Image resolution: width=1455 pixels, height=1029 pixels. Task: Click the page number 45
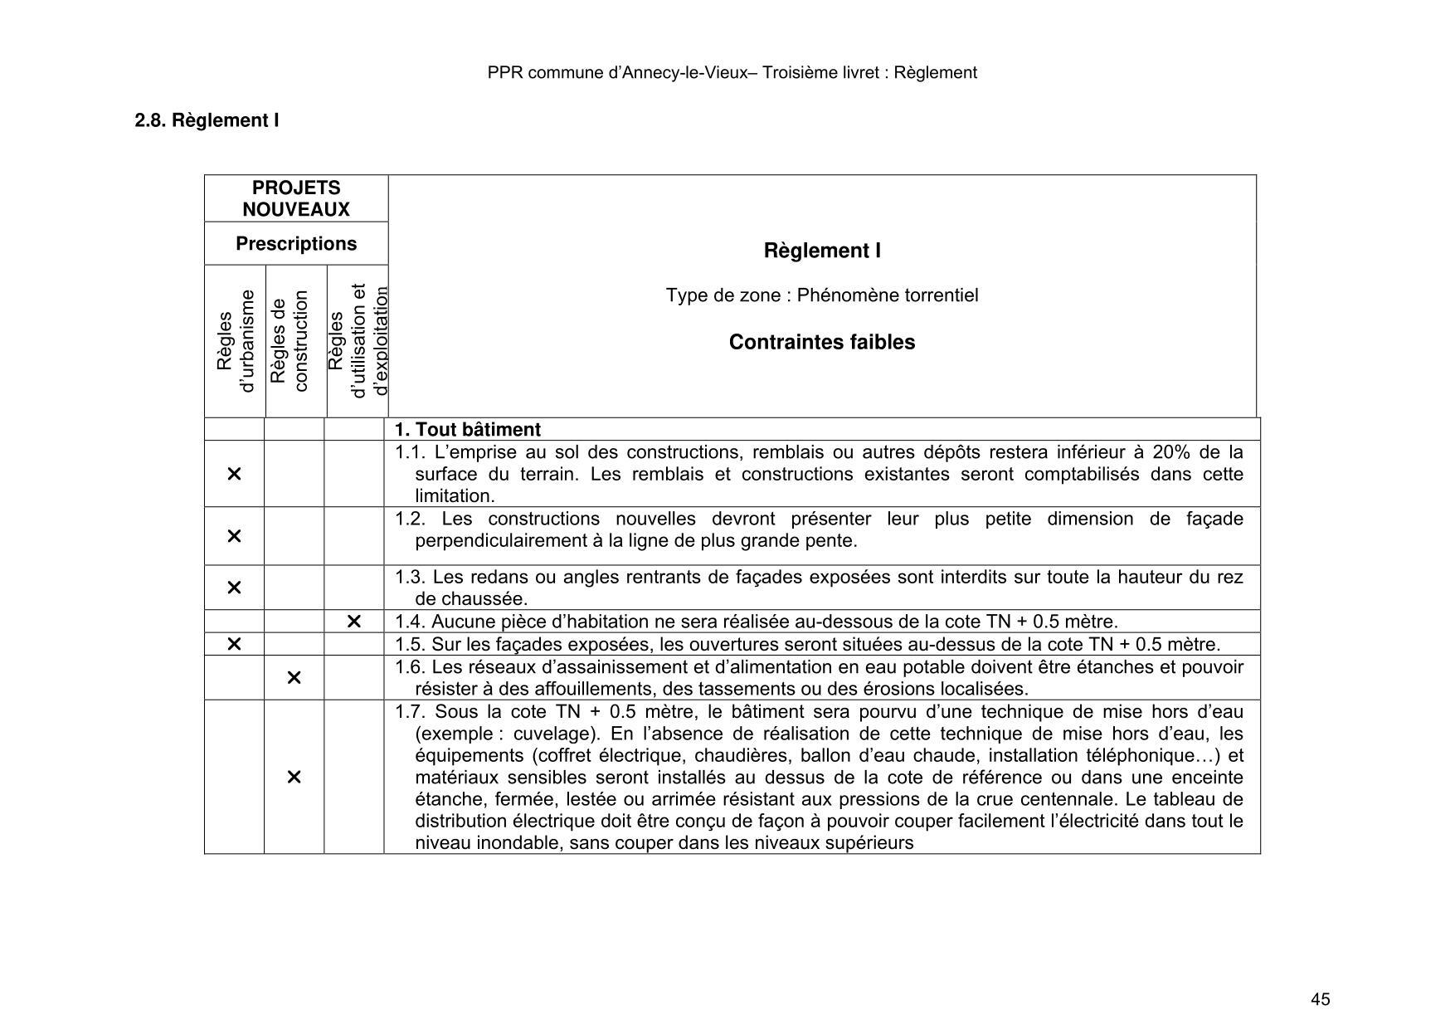pyautogui.click(x=1321, y=999)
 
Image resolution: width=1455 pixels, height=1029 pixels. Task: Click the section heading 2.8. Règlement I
pyautogui.click(x=207, y=120)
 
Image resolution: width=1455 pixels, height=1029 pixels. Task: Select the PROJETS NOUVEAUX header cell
pyautogui.click(x=296, y=198)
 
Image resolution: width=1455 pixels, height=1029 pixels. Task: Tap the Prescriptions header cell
pyautogui.click(x=296, y=244)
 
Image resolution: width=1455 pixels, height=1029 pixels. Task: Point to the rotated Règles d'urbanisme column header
pyautogui.click(x=235, y=341)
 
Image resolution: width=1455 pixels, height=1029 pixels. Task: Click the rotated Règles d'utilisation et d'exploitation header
pyautogui.click(x=358, y=341)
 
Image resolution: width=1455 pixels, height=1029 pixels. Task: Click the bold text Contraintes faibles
pyautogui.click(x=821, y=342)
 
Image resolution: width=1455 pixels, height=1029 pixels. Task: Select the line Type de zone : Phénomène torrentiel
pyautogui.click(x=821, y=295)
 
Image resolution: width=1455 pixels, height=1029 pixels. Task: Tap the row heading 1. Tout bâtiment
pyautogui.click(x=467, y=430)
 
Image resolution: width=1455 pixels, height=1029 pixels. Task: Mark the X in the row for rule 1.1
pyautogui.click(x=234, y=474)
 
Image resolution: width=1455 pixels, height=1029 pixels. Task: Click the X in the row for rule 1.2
pyautogui.click(x=234, y=536)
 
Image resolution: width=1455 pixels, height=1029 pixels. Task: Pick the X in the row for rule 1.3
pyautogui.click(x=234, y=588)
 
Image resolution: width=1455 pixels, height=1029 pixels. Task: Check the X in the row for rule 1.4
pyautogui.click(x=353, y=622)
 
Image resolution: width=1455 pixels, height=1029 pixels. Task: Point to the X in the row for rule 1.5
pyautogui.click(x=234, y=644)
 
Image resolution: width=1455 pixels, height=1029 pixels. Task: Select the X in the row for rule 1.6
pyautogui.click(x=294, y=678)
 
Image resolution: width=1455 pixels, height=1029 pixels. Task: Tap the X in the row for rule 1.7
pyautogui.click(x=294, y=777)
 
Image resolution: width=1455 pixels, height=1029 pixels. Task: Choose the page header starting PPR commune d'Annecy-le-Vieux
pyautogui.click(x=732, y=73)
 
